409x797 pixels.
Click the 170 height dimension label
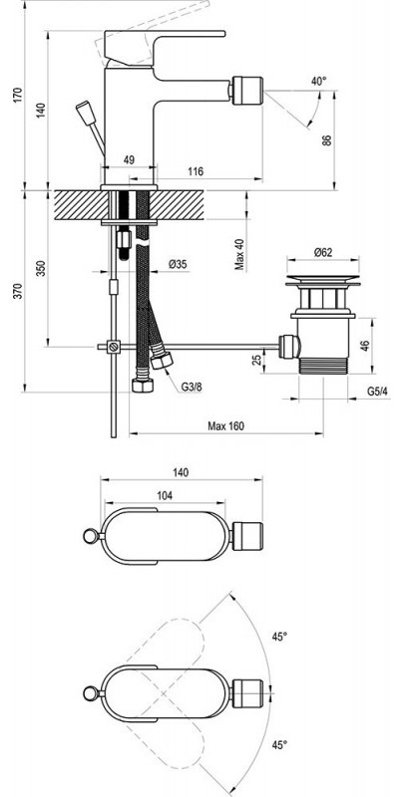[x=18, y=96]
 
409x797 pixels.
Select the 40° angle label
[x=318, y=82]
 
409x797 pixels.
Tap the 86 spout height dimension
[x=326, y=139]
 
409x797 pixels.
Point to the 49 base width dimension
[x=129, y=159]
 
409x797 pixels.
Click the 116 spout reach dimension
[x=196, y=171]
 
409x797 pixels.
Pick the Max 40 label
[x=240, y=255]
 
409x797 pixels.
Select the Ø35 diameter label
[x=178, y=264]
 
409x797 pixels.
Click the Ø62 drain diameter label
[x=323, y=251]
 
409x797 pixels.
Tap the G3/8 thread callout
[x=192, y=388]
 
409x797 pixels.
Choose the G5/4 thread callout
[x=377, y=392]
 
